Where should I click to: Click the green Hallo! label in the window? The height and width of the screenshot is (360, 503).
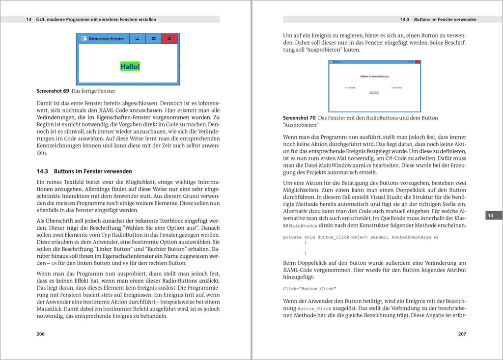[130, 66]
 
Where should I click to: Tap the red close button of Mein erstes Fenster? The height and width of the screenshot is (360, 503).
[169, 38]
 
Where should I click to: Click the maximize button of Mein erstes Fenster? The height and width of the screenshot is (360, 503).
[153, 38]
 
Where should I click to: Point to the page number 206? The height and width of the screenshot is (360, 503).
[41, 334]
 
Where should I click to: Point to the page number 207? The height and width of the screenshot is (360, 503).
[462, 334]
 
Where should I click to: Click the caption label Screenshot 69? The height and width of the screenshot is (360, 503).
[53, 91]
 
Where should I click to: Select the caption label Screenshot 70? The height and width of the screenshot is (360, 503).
[299, 118]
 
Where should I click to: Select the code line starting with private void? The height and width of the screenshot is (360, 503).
[361, 237]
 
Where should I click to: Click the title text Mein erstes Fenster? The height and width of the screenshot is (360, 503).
[107, 38]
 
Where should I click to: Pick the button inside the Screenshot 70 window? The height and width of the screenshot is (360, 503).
[374, 93]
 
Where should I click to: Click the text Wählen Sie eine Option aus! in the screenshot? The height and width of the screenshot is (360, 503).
[374, 77]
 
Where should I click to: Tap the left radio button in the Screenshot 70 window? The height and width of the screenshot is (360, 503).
[346, 88]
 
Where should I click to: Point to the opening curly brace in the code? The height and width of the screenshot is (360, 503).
[305, 243]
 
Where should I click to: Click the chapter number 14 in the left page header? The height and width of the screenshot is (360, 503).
[29, 20]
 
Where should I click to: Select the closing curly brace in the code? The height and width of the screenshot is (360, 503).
[305, 253]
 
